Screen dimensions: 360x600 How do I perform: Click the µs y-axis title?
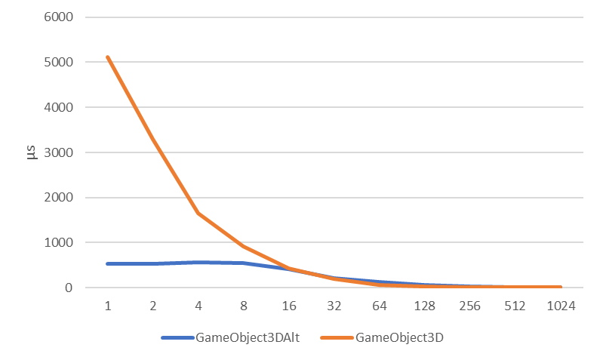[x=31, y=152]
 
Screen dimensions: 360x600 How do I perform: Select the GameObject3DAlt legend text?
[x=247, y=338]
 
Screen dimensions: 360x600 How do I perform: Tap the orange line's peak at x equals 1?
[x=108, y=57]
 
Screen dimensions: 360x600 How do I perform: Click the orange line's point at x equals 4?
[x=198, y=213]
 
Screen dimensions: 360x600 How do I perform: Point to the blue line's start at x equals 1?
[x=108, y=263]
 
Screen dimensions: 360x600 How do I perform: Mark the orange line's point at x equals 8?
[x=244, y=246]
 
